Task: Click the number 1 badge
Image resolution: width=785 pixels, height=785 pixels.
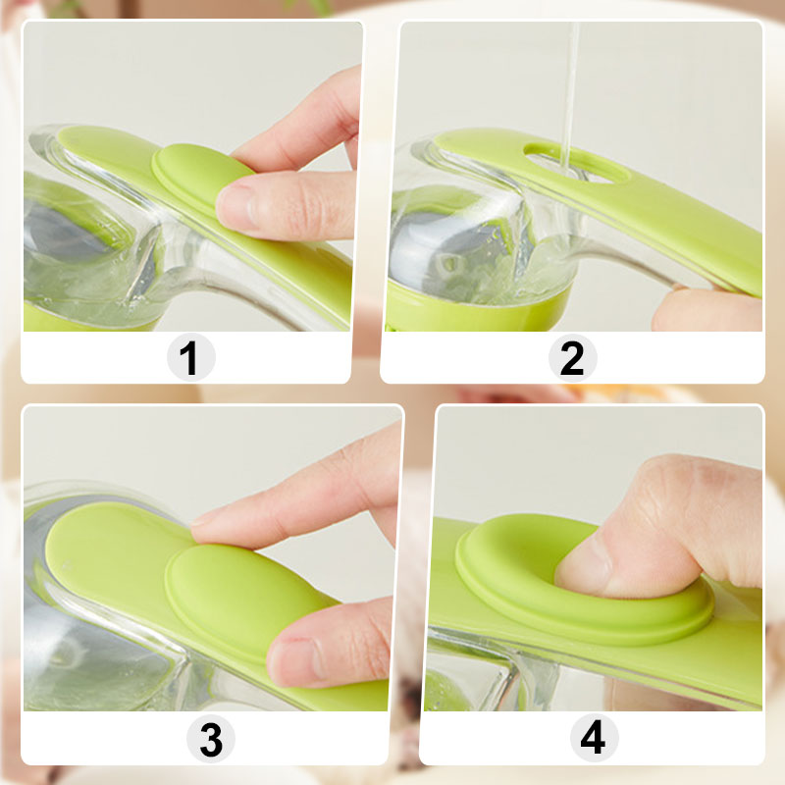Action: point(189,357)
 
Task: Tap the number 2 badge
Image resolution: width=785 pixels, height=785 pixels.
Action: point(571,357)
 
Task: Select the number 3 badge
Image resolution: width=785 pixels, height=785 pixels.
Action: point(210,739)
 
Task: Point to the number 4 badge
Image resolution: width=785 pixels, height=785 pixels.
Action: point(592,739)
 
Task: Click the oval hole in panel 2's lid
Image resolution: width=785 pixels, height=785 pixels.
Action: point(576,162)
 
